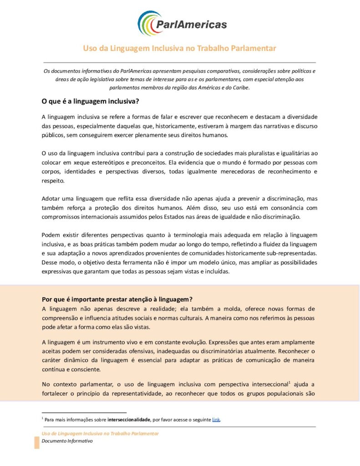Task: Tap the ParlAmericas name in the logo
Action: (191, 25)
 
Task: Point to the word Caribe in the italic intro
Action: (240, 87)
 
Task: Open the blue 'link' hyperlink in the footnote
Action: (216, 420)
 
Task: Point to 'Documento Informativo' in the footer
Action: (67, 441)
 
